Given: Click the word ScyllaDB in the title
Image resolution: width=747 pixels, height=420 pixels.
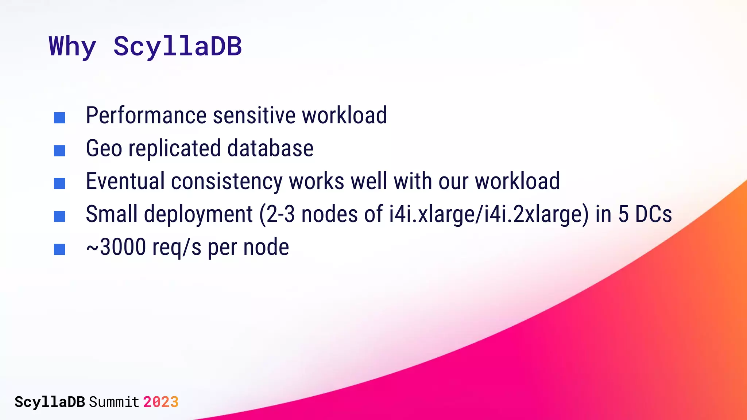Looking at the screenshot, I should tap(177, 47).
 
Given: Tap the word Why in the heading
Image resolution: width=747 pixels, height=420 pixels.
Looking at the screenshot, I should tap(72, 47).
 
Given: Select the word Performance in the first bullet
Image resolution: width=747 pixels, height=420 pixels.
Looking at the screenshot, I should tap(146, 116).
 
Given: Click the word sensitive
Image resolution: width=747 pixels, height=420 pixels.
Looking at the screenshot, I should tap(254, 116).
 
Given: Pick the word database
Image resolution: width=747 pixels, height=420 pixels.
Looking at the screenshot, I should tap(270, 148).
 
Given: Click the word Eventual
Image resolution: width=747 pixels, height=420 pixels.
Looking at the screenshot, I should tap(125, 181).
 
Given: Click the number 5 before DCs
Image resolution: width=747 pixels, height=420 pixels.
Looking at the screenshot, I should tap(623, 214).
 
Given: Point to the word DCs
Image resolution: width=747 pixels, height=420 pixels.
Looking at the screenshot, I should tap(654, 214).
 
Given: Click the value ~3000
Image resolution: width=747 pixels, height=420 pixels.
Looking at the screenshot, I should tap(116, 248).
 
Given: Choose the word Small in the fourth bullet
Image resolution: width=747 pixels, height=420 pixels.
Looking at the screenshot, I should tap(112, 214).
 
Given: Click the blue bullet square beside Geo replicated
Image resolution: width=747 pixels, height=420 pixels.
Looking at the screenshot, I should tap(59, 151).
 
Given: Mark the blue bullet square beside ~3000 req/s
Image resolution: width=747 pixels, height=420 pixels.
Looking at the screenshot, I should tap(59, 249).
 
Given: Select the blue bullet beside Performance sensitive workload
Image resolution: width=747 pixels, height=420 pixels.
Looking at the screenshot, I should tap(59, 118).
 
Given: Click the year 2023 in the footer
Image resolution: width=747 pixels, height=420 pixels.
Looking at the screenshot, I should tap(160, 402).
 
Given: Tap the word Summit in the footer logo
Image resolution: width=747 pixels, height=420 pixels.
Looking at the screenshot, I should tap(114, 402).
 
